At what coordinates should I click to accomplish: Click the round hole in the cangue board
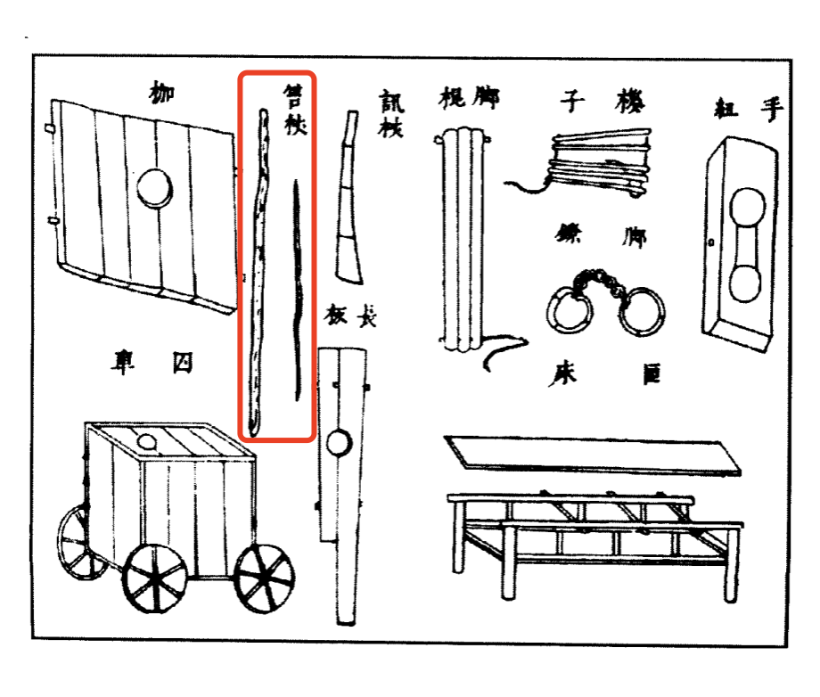(154, 189)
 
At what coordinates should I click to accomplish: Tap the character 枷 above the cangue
(161, 91)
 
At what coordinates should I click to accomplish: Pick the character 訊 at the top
(390, 100)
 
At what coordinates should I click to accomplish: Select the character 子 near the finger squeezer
(570, 100)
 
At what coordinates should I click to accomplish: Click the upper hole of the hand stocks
(748, 212)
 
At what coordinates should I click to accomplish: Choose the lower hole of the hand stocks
(745, 285)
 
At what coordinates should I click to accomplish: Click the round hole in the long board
(339, 441)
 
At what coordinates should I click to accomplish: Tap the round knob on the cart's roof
(146, 440)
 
